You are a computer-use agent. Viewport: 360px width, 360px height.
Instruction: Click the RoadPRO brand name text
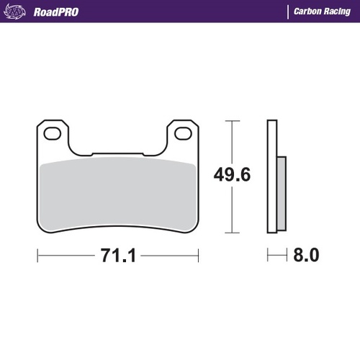tap(55, 12)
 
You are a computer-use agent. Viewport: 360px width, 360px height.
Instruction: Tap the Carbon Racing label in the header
tap(321, 12)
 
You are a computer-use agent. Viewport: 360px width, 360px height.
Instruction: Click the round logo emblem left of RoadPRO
tap(19, 12)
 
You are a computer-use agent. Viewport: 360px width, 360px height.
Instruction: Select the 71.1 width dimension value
tap(119, 255)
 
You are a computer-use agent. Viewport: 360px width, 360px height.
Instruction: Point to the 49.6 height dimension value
tap(230, 176)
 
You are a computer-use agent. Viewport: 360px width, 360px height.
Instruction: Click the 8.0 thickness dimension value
tap(305, 255)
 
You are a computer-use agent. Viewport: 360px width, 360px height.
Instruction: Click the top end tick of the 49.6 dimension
tap(230, 120)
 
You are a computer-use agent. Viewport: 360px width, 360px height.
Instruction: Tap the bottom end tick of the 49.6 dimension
tap(230, 233)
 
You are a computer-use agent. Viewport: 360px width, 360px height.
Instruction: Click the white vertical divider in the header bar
tap(288, 12)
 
